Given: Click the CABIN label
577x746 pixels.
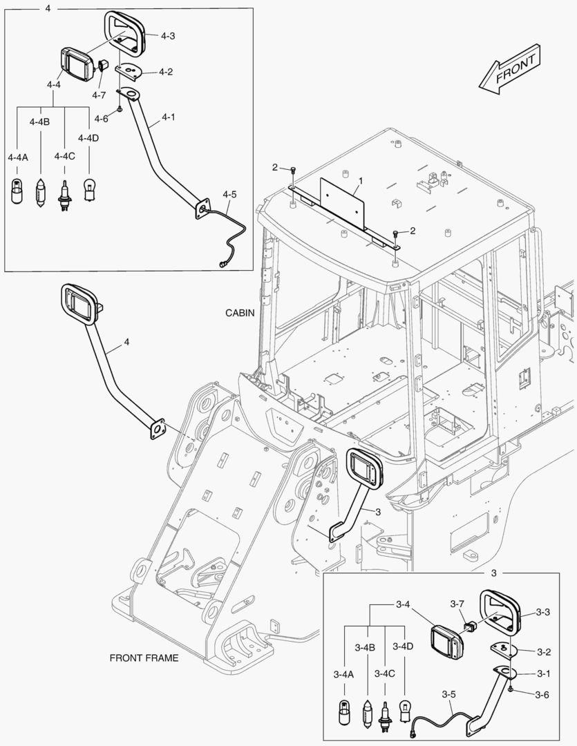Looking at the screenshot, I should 240,313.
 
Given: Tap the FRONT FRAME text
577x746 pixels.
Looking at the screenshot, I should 144,658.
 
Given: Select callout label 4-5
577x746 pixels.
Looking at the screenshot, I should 230,195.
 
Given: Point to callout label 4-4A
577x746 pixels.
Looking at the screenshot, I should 18,157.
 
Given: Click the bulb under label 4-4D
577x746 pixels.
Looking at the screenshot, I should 88,189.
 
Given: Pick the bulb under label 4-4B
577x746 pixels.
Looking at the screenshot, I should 40,190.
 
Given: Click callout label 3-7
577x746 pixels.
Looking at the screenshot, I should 457,604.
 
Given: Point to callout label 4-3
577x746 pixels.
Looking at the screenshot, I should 168,35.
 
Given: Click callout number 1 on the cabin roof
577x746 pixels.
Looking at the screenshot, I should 359,181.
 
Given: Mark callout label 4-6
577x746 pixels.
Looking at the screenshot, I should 101,118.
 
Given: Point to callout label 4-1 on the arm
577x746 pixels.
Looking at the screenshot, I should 167,117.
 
